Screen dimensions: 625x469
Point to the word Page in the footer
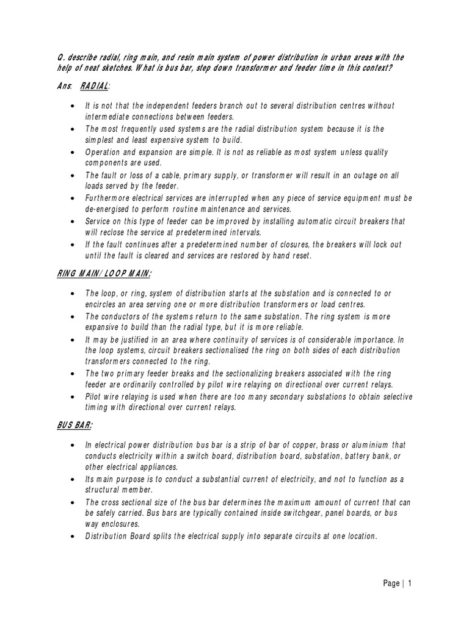(391, 583)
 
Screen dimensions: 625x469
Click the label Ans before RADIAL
(62, 87)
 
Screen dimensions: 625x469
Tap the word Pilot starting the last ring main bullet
(95, 397)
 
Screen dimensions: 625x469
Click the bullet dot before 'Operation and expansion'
(73, 152)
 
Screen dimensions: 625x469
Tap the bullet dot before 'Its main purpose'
(73, 480)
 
